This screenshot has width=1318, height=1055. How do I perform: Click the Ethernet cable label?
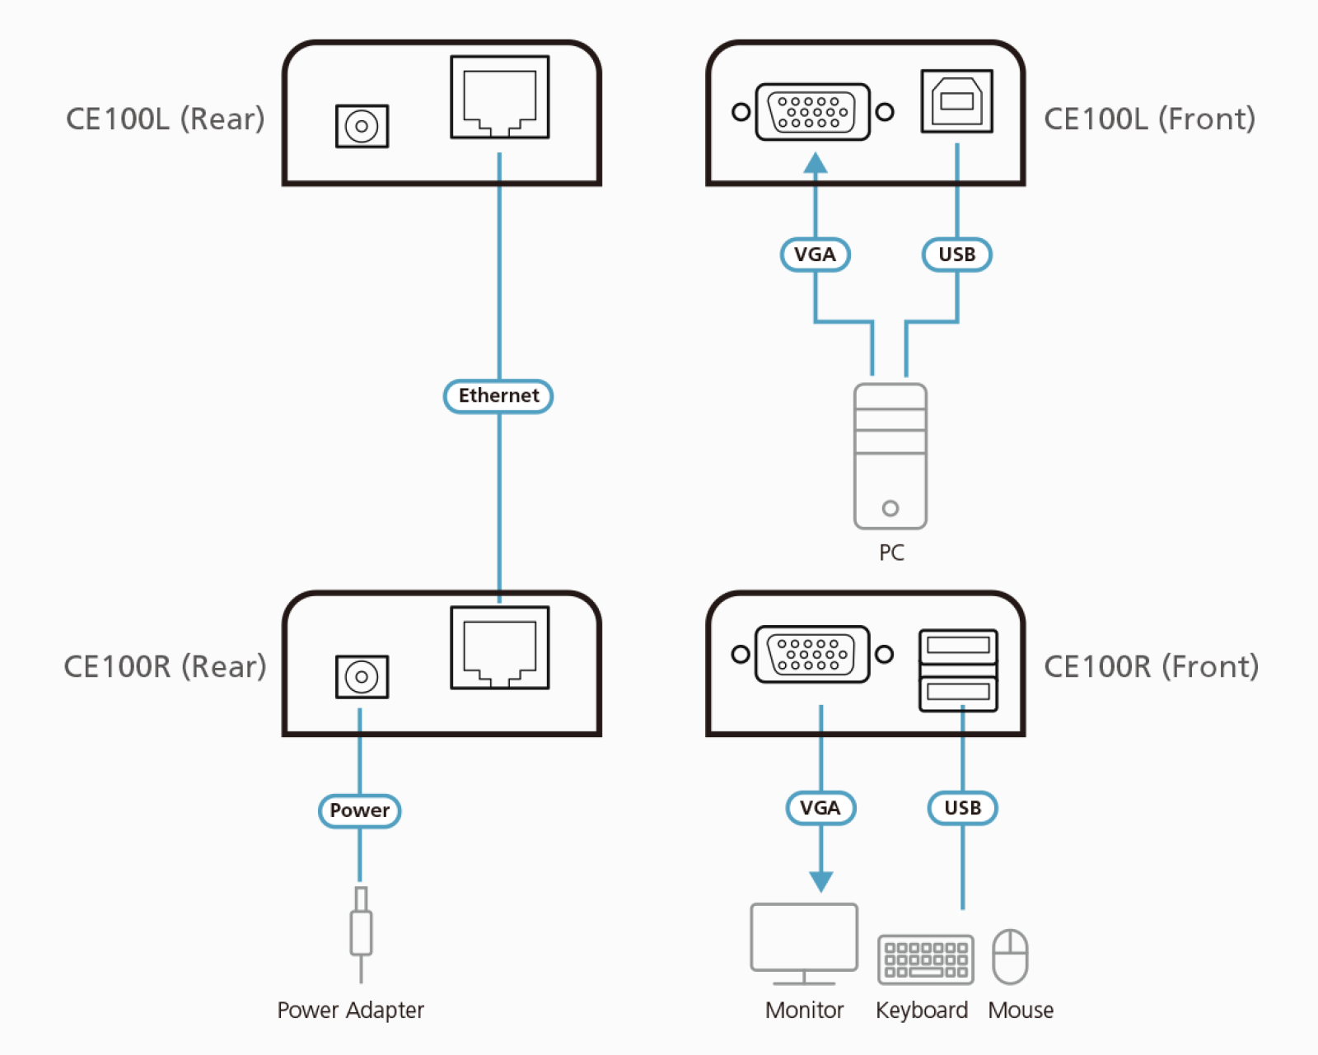pos(498,396)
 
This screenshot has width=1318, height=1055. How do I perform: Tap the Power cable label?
pos(359,810)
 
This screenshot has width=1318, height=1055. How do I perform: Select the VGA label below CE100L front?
pos(815,254)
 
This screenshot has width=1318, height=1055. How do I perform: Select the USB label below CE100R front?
pos(962,808)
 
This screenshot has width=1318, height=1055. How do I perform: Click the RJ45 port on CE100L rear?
pos(500,97)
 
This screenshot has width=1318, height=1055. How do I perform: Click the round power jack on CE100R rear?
pos(362,677)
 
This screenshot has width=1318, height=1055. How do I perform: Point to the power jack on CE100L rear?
pos(362,126)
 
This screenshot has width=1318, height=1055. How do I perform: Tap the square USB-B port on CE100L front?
pos(956,101)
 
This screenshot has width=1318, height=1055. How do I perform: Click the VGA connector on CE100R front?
pos(812,654)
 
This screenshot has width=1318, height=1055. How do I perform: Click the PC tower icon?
pos(890,456)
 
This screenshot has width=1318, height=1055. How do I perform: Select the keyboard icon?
pos(925,959)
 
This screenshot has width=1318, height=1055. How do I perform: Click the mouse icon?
pos(1010,957)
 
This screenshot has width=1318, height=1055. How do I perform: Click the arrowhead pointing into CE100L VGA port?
pos(816,163)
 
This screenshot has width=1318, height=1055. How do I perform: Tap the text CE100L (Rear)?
pos(165,119)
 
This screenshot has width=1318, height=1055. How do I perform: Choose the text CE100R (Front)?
pos(1151,666)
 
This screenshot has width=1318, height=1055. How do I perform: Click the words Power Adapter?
pos(350,1010)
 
